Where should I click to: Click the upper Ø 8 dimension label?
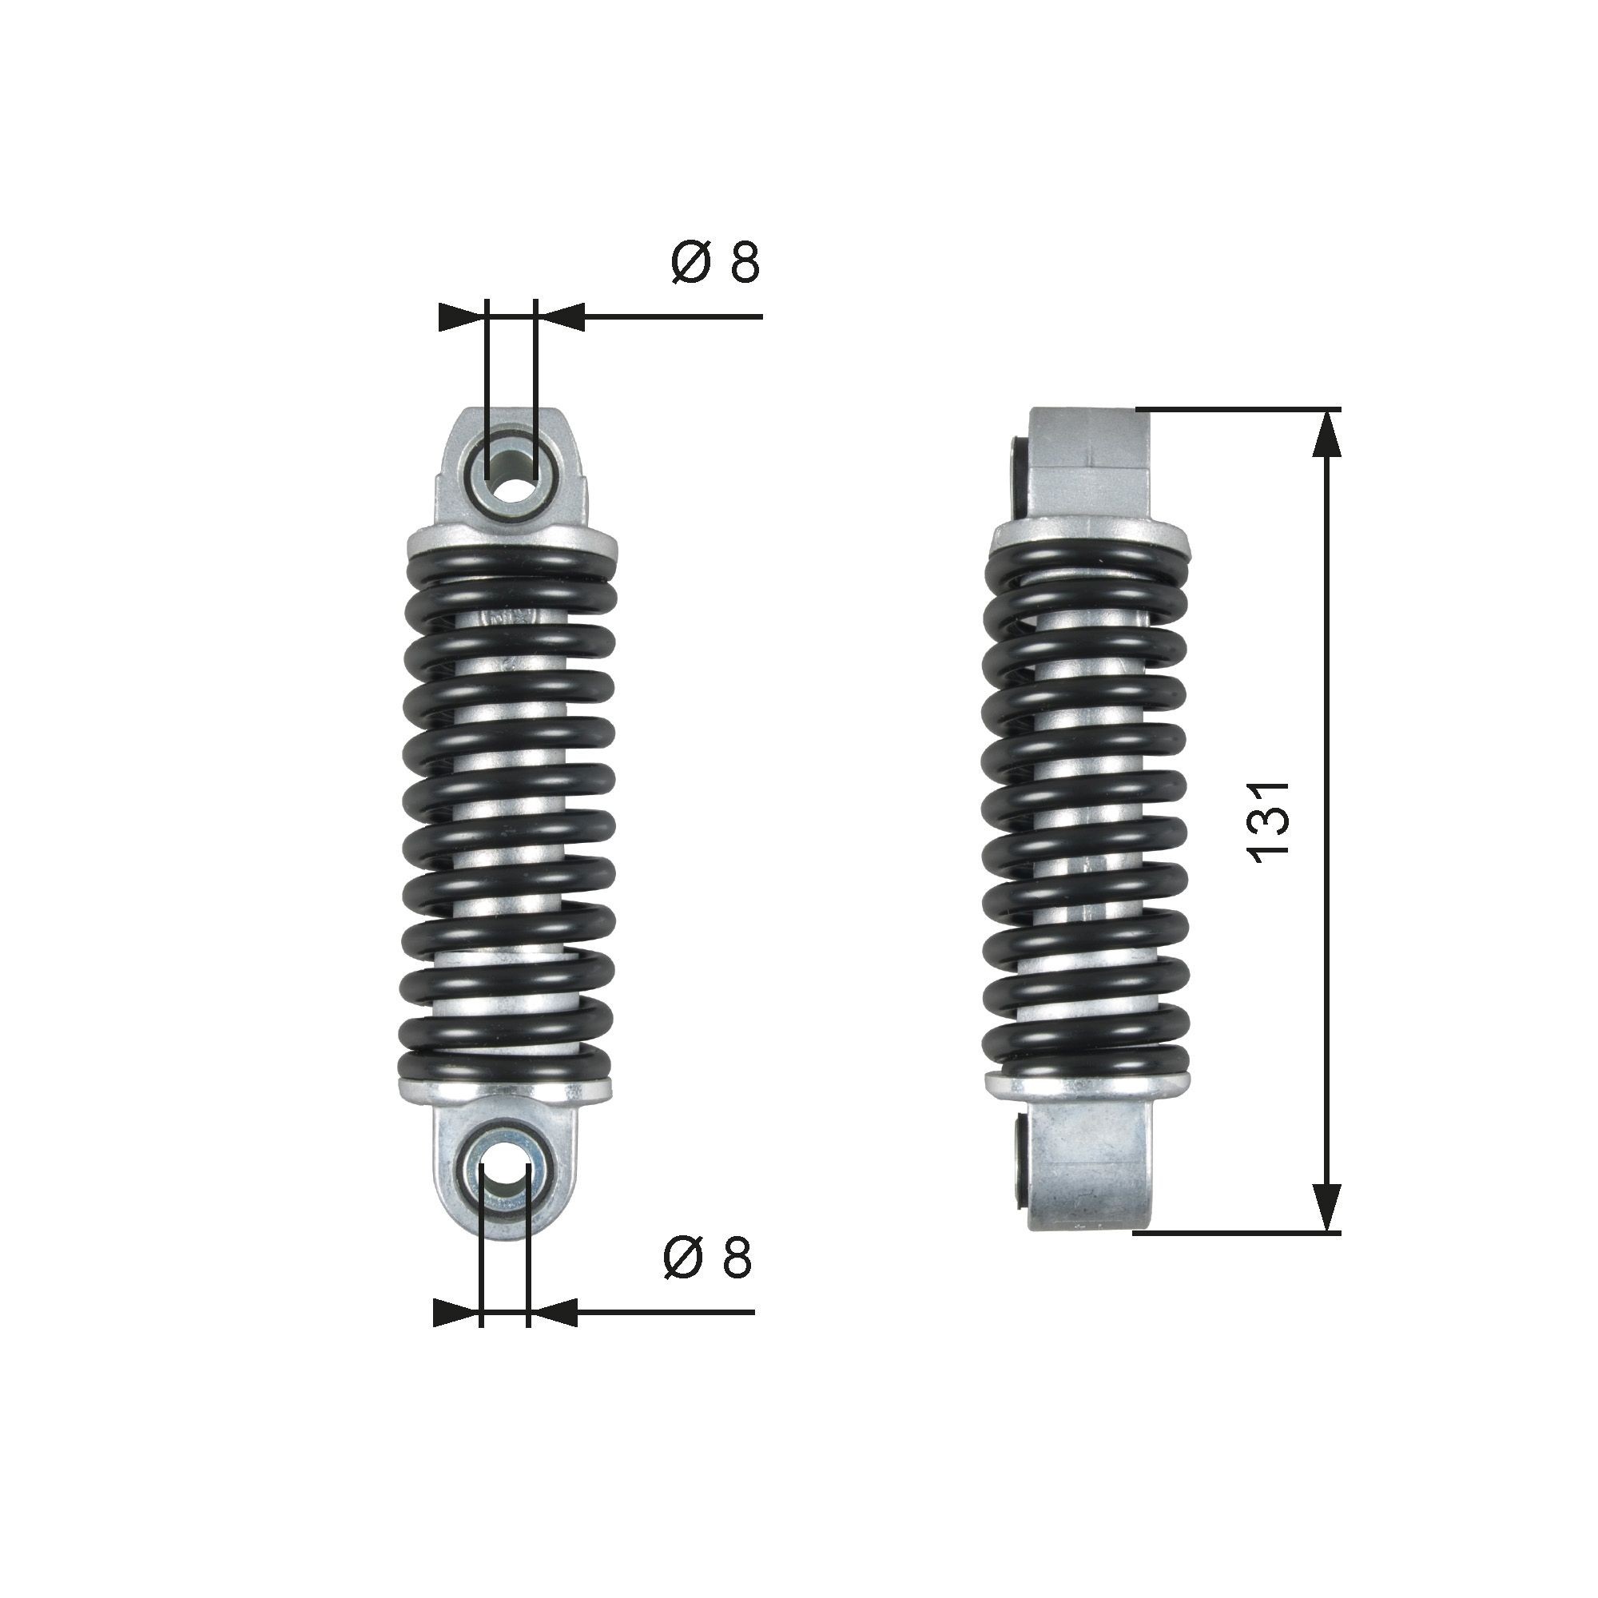tap(715, 263)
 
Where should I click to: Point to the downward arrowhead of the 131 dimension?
tap(1326, 1230)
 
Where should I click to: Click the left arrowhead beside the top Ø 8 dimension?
tap(460, 316)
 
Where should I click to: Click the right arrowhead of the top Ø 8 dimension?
tap(562, 316)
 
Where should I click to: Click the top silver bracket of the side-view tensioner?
tap(1089, 463)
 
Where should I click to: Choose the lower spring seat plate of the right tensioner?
tap(1087, 1087)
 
